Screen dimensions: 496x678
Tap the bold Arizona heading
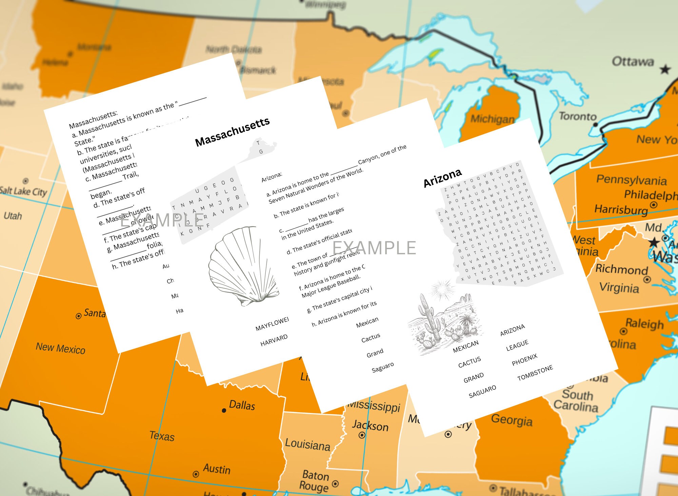click(442, 178)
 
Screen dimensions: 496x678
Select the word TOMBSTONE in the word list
click(535, 373)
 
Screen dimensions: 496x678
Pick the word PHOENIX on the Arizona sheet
click(524, 360)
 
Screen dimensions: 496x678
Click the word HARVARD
click(274, 340)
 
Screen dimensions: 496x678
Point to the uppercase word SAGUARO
click(482, 392)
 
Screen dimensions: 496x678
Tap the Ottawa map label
click(633, 62)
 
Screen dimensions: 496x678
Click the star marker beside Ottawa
click(665, 70)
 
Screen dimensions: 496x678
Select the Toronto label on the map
click(578, 116)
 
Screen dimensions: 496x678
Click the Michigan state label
click(492, 119)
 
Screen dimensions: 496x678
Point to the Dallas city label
click(242, 405)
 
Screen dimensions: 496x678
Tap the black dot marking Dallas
click(224, 411)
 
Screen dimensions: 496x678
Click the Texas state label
click(162, 436)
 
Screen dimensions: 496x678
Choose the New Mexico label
click(60, 348)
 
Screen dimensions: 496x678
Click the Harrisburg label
click(621, 210)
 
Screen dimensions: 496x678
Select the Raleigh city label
click(644, 324)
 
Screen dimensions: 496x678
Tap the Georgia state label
click(512, 420)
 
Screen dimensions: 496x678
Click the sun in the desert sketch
click(442, 290)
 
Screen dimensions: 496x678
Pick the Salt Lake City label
click(23, 192)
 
